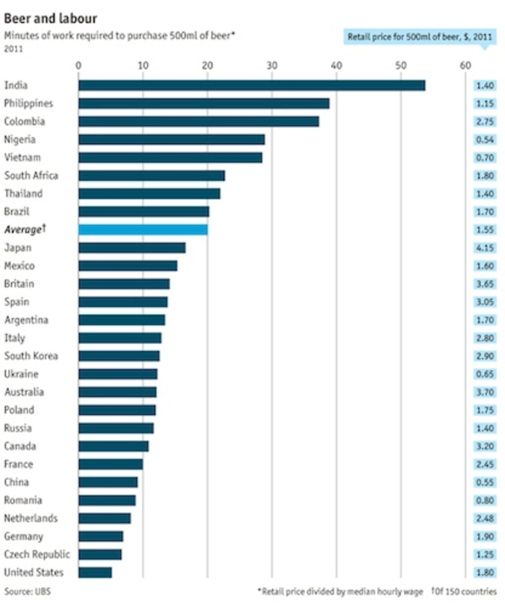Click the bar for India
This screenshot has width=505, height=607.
click(252, 85)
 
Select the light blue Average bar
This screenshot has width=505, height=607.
click(143, 230)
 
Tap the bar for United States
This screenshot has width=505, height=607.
click(95, 572)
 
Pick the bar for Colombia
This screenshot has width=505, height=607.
click(199, 122)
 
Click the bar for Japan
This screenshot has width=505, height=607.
click(132, 248)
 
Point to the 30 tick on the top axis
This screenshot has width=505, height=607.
click(272, 66)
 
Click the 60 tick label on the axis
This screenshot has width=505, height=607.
click(465, 66)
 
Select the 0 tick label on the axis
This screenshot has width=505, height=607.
click(79, 66)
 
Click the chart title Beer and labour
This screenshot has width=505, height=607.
click(50, 19)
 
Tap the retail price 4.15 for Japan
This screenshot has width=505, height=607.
click(485, 248)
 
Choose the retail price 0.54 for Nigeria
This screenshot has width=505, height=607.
click(485, 140)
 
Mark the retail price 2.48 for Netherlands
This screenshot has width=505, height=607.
click(485, 519)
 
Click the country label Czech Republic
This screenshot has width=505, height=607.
click(37, 554)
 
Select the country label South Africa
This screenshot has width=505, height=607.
click(31, 176)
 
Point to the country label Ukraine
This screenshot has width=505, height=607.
click(21, 374)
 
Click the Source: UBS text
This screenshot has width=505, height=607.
click(27, 591)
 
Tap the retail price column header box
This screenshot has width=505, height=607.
click(420, 37)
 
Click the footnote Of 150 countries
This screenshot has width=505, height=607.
click(464, 591)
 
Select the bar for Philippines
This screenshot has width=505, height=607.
click(204, 104)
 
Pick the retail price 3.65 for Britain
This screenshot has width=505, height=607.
click(485, 284)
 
